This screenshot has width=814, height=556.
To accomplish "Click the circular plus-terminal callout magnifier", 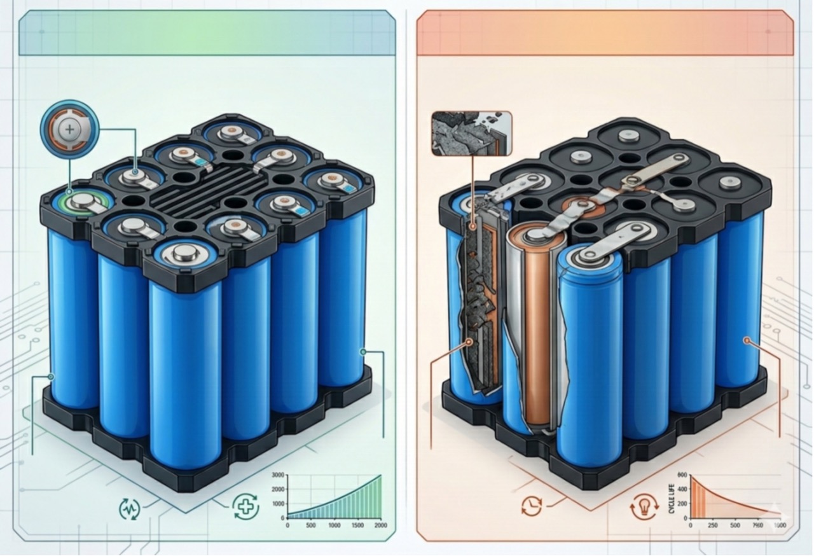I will (x=69, y=131).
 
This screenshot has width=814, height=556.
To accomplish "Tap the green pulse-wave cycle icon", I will (x=130, y=508).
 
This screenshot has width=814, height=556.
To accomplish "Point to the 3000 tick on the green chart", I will (x=277, y=475).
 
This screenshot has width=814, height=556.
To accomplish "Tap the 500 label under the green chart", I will (x=311, y=526).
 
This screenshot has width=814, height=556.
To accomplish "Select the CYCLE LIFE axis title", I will (x=672, y=498).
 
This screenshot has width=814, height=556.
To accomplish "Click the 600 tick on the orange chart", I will (x=683, y=476).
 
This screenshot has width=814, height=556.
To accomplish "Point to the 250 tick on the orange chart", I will (x=713, y=526).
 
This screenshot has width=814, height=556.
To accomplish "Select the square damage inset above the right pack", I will (x=471, y=134).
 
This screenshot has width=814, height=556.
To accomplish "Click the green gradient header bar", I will (x=207, y=32).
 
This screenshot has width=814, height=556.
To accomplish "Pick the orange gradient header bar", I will (x=605, y=32).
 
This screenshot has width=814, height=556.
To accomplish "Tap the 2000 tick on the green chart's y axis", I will (x=277, y=489).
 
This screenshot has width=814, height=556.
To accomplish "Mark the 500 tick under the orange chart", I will (x=735, y=526).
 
